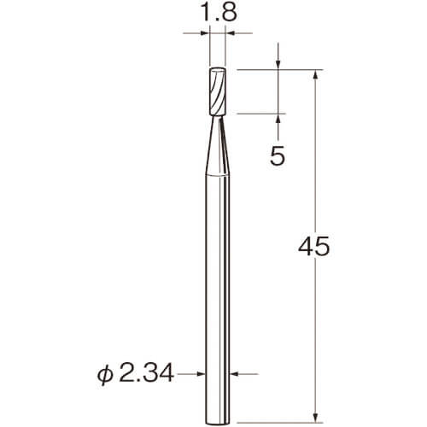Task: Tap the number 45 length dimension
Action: [314, 246]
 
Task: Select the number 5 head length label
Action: [278, 156]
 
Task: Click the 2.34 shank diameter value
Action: [146, 374]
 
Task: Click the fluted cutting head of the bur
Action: [218, 91]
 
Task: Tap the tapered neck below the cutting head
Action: [218, 146]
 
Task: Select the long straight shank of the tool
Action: [218, 299]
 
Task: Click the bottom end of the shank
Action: [218, 423]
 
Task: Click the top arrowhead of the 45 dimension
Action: [315, 74]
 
